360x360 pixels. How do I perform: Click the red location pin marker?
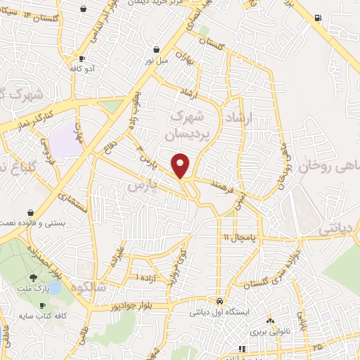tap(181, 165)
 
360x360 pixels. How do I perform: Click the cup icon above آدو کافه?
tap(83, 59)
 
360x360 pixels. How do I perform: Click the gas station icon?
tap(319, 18)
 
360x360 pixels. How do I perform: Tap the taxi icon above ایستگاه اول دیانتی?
tap(220, 300)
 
